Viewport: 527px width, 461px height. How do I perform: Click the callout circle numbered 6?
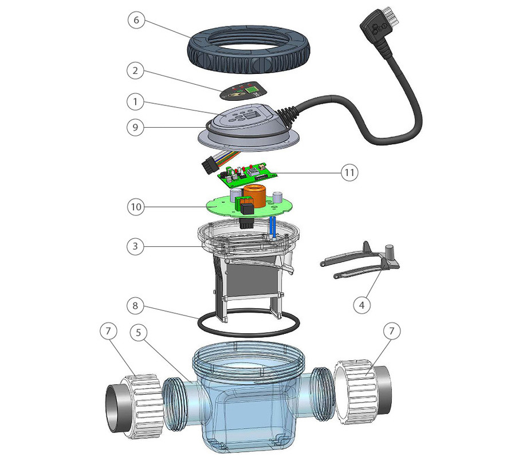tap(136, 20)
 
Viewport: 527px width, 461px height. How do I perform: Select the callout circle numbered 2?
tap(135, 70)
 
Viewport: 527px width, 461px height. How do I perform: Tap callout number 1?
tap(135, 101)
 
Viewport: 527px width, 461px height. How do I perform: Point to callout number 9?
tap(135, 127)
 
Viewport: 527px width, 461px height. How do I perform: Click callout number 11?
tap(349, 173)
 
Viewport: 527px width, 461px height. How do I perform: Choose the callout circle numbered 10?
tap(136, 207)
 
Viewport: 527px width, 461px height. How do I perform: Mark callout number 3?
tap(135, 246)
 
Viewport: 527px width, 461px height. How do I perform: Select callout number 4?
tap(361, 305)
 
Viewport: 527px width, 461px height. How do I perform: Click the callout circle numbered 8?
tap(135, 306)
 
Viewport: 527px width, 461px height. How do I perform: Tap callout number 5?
tap(139, 333)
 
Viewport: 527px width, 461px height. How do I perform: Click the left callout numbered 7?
tap(108, 332)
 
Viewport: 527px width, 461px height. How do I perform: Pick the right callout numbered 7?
tap(392, 332)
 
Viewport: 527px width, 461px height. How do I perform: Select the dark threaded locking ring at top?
tap(249, 49)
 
